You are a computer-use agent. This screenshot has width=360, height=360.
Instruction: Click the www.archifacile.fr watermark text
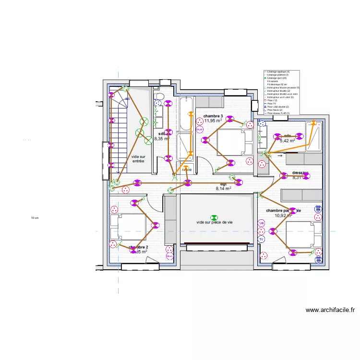(330, 310)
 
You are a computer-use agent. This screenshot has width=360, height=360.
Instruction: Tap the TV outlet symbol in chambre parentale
(262, 239)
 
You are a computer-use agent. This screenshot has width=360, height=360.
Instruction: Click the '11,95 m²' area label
(213, 121)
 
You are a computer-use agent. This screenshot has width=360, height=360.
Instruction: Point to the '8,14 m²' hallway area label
(223, 189)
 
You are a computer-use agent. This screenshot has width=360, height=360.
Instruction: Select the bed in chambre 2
(128, 227)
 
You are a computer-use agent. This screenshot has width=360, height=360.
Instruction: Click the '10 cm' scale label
(34, 218)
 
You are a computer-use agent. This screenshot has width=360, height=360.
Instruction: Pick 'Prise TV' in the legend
(272, 104)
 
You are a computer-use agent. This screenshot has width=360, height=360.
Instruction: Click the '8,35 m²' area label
(162, 139)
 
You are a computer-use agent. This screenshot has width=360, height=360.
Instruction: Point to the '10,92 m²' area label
(284, 216)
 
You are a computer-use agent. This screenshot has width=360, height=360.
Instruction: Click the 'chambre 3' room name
(213, 116)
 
